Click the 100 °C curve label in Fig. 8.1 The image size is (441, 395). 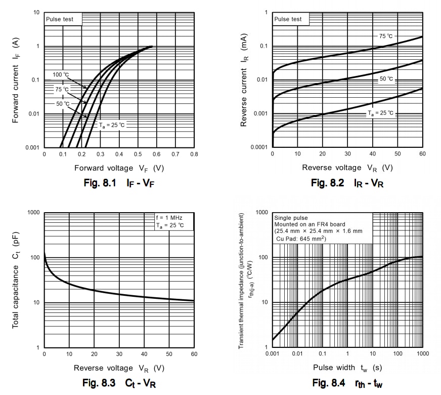pos(60,75)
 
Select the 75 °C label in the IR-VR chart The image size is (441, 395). pos(385,36)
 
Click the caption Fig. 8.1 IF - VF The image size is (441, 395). pos(118,183)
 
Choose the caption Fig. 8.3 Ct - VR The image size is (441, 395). pos(119,383)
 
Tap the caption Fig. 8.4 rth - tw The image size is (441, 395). pos(347,383)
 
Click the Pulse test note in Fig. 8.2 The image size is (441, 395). pos(288,19)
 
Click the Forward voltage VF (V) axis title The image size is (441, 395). pos(119,168)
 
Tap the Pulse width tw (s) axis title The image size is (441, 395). pos(347,367)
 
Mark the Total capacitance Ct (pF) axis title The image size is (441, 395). pos(15,280)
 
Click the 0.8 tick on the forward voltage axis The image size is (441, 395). pos(194,153)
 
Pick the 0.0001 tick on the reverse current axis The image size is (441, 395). pos(258,147)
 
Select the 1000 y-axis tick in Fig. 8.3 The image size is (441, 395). pos(32,213)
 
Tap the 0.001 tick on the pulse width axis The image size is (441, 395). pos(272,353)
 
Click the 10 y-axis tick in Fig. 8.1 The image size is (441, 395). pos(36,12)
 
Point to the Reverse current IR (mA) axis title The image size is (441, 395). pos(244,80)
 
